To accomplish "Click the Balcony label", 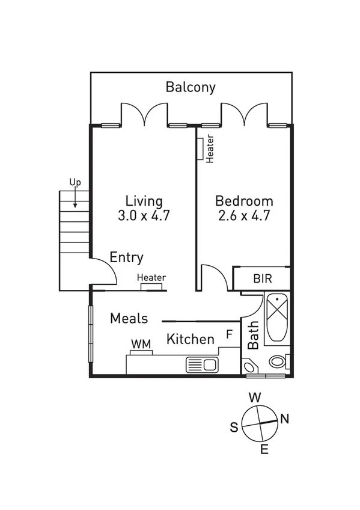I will point(191,87).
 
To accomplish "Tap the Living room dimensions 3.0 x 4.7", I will point(144,215).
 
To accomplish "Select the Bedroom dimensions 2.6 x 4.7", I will point(244,215).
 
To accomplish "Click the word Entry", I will point(126,258).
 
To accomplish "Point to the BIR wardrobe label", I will point(261,280).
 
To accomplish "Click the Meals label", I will point(129,319).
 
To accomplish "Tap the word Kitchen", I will point(190,339).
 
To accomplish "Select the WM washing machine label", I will point(141,343).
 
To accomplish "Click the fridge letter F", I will point(229,334).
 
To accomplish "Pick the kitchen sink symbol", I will point(202,364).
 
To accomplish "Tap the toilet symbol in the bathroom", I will point(277,362).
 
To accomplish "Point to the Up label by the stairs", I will point(75,182).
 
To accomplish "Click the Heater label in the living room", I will point(151,278).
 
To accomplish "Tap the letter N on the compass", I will point(285,420).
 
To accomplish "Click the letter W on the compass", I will point(255,398).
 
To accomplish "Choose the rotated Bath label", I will point(254,335).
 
